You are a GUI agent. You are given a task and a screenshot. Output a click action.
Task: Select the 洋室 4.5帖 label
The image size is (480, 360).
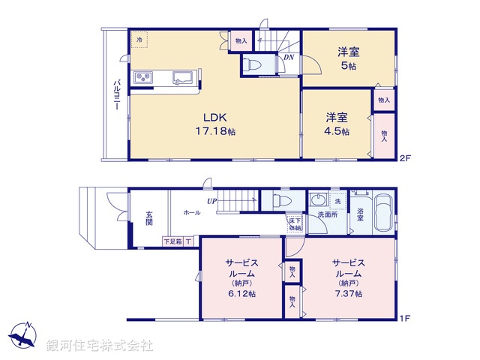[x=337, y=124]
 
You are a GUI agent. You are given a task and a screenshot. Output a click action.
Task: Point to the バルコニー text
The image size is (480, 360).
[x=117, y=95]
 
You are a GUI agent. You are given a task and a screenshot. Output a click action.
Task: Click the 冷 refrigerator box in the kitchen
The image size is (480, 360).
[x=139, y=40]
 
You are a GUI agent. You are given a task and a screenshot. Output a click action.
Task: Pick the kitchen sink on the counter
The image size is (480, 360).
[x=181, y=77]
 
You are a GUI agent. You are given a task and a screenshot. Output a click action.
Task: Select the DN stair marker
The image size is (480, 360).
[x=289, y=57]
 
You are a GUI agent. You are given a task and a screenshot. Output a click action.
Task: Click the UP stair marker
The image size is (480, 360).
[x=212, y=201]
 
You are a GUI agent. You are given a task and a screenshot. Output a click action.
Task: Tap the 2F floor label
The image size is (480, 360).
[x=406, y=158]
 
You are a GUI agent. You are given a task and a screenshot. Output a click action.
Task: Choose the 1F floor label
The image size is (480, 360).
[x=406, y=318]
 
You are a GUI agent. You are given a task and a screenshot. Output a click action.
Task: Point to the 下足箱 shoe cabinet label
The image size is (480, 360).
[x=173, y=241]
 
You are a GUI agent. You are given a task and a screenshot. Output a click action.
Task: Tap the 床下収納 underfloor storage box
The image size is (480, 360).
[x=294, y=223]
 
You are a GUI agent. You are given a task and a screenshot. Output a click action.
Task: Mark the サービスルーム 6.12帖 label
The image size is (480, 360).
[x=241, y=278]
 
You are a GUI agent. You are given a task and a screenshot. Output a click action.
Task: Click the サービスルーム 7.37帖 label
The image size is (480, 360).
[x=349, y=278]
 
